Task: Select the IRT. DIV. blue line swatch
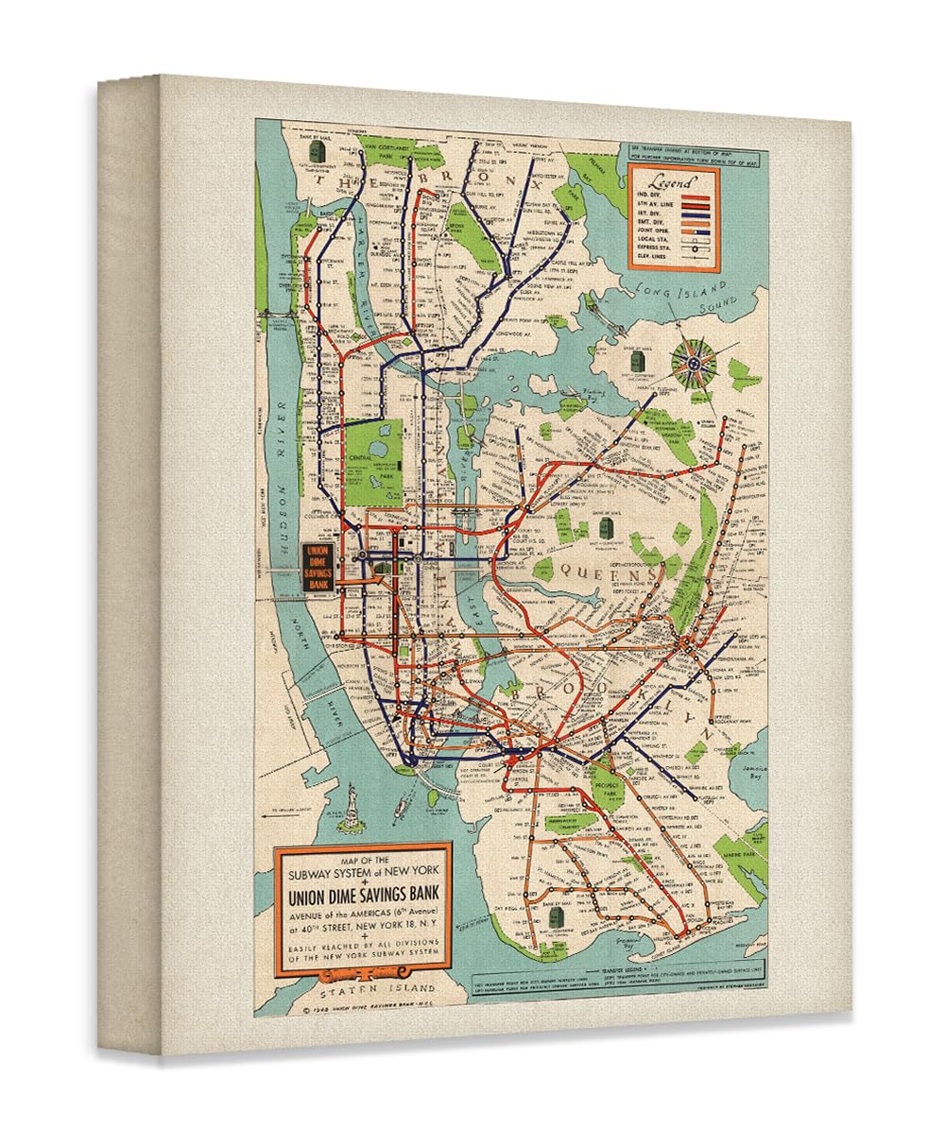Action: pos(696,213)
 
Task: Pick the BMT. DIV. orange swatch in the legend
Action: pos(696,222)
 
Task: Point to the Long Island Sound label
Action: pos(682,298)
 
